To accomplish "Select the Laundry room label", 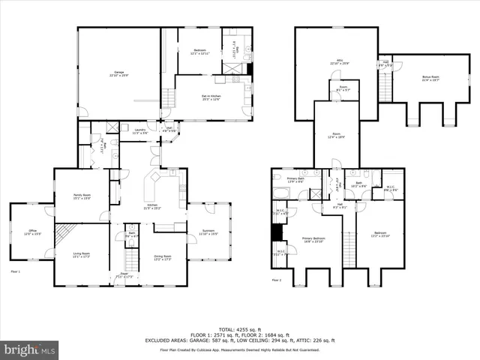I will tap(139, 131).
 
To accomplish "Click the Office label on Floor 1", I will tap(32, 232).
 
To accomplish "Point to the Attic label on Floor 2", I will tap(339, 63).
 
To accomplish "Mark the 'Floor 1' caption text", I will tap(16, 271).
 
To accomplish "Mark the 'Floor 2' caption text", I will tap(277, 280).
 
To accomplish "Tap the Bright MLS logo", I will tap(30, 349).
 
